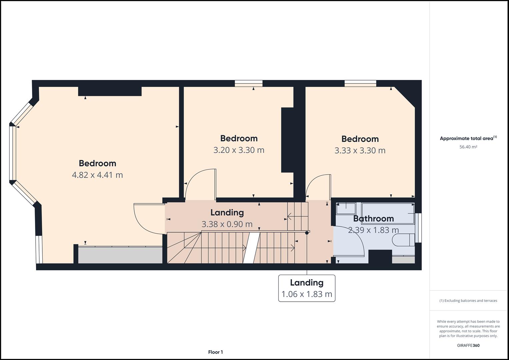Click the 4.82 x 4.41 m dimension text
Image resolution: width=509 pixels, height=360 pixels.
[x=97, y=175]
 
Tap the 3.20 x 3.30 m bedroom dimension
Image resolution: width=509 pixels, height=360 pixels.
[x=239, y=150]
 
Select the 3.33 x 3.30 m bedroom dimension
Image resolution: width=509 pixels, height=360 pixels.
[x=360, y=150]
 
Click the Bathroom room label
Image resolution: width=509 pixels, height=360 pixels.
[x=373, y=219]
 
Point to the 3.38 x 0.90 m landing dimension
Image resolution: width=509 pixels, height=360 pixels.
[x=227, y=224]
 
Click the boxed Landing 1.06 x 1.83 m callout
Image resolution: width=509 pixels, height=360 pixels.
[x=307, y=288]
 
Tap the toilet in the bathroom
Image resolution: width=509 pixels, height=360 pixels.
[x=403, y=240]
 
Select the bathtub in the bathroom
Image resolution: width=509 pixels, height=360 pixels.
[x=388, y=213]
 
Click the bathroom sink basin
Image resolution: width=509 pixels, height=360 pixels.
[x=346, y=209]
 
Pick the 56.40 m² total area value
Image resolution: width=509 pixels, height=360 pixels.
[x=468, y=147]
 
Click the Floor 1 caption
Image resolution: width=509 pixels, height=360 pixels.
[x=215, y=352]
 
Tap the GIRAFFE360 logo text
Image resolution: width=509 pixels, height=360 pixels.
[x=468, y=345]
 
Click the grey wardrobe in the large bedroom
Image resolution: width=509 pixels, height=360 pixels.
[x=120, y=255]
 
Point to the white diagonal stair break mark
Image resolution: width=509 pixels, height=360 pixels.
[x=252, y=248]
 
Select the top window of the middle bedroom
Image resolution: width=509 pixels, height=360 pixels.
[x=249, y=83]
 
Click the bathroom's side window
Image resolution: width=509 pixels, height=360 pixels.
[x=418, y=228]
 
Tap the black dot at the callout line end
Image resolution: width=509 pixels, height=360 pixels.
[x=307, y=233]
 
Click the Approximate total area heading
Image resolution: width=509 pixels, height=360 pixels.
[x=468, y=138]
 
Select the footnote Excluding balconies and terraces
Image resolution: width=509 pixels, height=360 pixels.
[x=468, y=301]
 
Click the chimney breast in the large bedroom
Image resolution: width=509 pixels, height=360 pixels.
[x=110, y=91]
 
